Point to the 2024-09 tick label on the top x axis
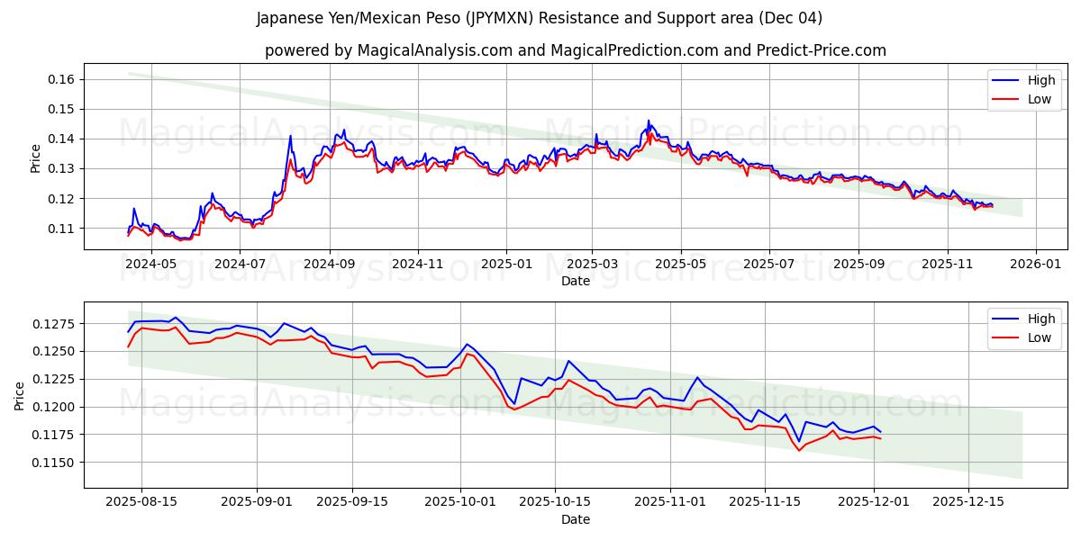tap(329, 264)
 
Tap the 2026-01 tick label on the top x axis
tap(1035, 264)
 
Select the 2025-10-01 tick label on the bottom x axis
tap(460, 502)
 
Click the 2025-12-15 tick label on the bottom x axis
tap(968, 502)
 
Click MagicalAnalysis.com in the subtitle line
tap(431, 50)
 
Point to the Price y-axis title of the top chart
tap(36, 157)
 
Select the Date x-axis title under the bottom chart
tap(576, 519)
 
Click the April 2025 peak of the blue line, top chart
tap(649, 121)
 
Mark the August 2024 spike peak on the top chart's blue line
tap(290, 136)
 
